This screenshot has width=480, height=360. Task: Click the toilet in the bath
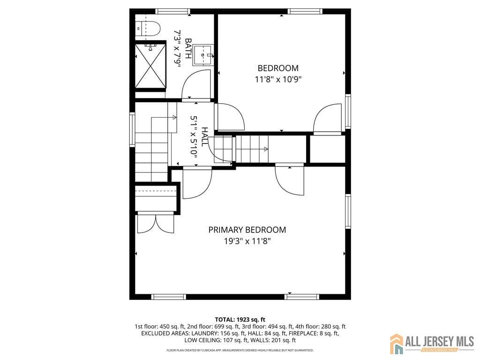[149, 30]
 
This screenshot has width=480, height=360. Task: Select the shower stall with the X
[150, 66]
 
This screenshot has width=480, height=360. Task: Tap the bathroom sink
[203, 54]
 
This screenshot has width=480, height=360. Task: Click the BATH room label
[188, 48]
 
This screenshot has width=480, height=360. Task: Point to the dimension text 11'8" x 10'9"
[277, 79]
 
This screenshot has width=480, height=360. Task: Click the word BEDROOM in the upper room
[277, 68]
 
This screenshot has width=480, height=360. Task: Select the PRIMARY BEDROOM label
[247, 230]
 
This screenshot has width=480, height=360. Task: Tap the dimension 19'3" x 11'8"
[247, 241]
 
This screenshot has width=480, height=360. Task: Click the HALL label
[205, 136]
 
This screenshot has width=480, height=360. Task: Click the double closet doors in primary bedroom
[155, 224]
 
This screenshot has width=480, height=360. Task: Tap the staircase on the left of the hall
[151, 150]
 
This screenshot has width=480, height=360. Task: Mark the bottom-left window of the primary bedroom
[169, 296]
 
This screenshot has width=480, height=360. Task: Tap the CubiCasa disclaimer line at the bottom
[240, 350]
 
